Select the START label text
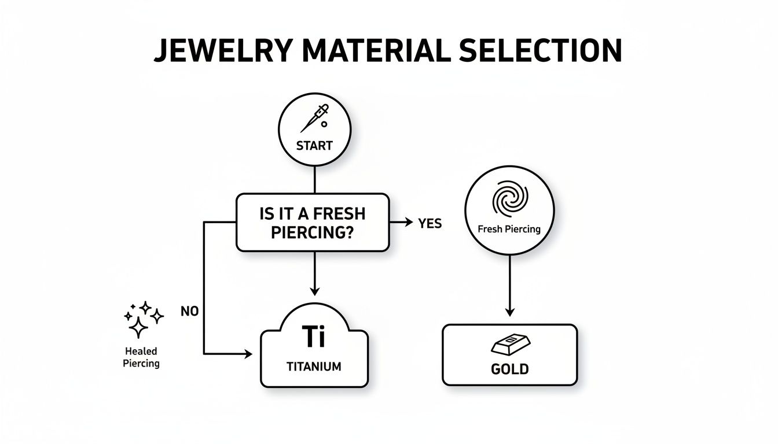pyautogui.click(x=314, y=146)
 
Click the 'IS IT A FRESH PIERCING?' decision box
pyautogui.click(x=313, y=222)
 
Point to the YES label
pyautogui.click(x=430, y=223)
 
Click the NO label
pyautogui.click(x=189, y=311)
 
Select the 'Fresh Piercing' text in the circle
pyautogui.click(x=509, y=229)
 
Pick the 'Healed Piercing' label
pyautogui.click(x=141, y=357)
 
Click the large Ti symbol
pyautogui.click(x=314, y=336)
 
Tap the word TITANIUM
pyautogui.click(x=314, y=366)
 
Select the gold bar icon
pyautogui.click(x=509, y=346)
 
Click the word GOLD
pyautogui.click(x=509, y=368)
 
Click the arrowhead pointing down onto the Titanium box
pyautogui.click(x=314, y=291)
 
